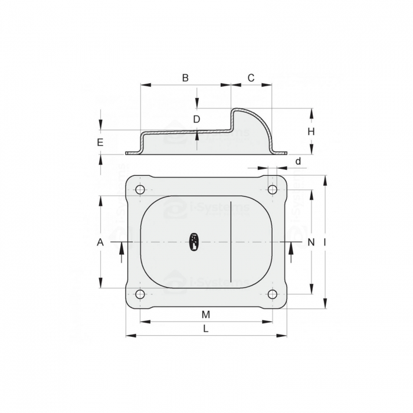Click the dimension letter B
coord(185,78)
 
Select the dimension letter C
coord(251,78)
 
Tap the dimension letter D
coord(197,119)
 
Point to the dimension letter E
coord(100,142)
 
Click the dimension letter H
coord(311,132)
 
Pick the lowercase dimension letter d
coord(298,161)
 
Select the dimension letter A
coord(100,242)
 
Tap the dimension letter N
coord(311,242)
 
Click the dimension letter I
coord(325,242)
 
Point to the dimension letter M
coord(205,313)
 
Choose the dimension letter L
coord(205,329)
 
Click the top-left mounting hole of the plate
coord(140,189)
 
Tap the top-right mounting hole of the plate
coord(273,189)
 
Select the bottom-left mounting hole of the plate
coord(140,294)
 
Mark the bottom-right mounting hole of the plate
coord(273,294)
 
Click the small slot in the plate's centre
coord(194,241)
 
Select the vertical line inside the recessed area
coord(231,242)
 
